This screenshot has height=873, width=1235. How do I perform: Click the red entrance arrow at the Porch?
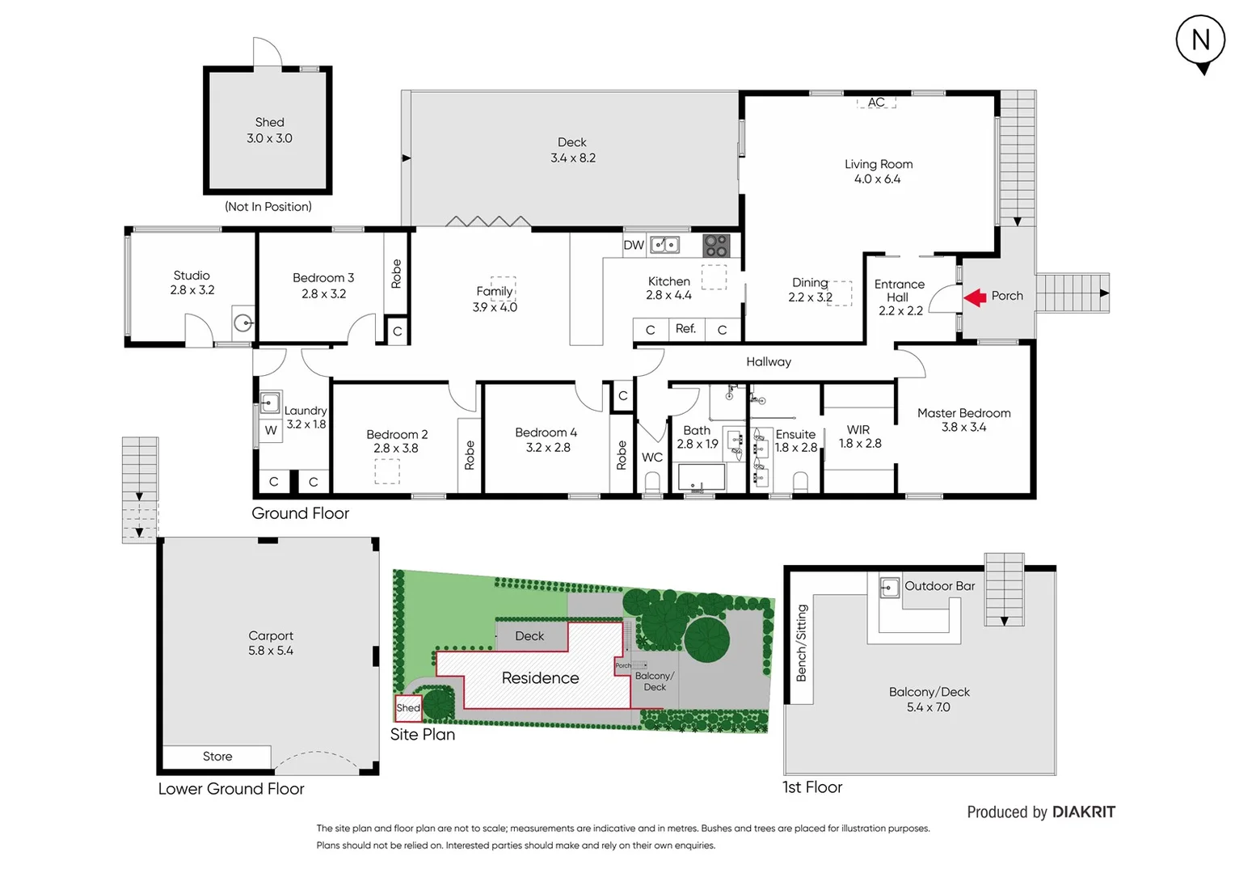click(x=975, y=297)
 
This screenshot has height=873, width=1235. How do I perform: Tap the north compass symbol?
click(x=1200, y=41)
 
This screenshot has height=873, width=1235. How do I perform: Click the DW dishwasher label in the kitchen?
click(x=634, y=245)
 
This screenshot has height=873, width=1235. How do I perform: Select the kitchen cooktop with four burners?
click(x=716, y=245)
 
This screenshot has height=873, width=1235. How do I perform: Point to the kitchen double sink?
click(x=664, y=244)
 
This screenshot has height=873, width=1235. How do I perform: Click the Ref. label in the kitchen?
click(x=685, y=329)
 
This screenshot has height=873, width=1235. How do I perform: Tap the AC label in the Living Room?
click(x=877, y=103)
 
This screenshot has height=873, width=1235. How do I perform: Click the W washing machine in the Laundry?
click(x=271, y=430)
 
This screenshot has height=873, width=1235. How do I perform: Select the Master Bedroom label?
click(x=963, y=413)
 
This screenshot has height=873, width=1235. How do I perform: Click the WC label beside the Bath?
click(x=652, y=458)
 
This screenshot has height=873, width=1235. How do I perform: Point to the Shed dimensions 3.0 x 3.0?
click(x=269, y=138)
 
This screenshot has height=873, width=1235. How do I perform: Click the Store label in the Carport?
click(x=217, y=757)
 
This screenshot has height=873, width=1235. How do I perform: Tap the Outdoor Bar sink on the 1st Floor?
click(x=889, y=587)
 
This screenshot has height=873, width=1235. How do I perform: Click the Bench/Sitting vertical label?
click(x=801, y=643)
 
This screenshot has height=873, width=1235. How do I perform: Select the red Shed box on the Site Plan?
click(x=407, y=708)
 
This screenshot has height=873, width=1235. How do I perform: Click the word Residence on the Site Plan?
click(x=540, y=678)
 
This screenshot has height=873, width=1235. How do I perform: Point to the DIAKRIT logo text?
click(x=1083, y=812)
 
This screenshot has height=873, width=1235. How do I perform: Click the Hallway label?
click(x=768, y=362)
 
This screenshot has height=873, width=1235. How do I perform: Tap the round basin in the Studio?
click(x=242, y=323)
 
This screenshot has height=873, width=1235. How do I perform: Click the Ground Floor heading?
click(x=300, y=513)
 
